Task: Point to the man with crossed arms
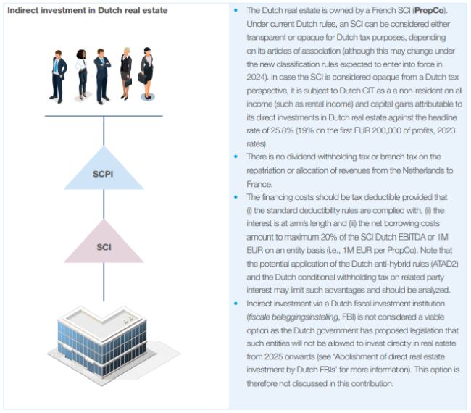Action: point(104,75)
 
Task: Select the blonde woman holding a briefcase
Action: point(126,76)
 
